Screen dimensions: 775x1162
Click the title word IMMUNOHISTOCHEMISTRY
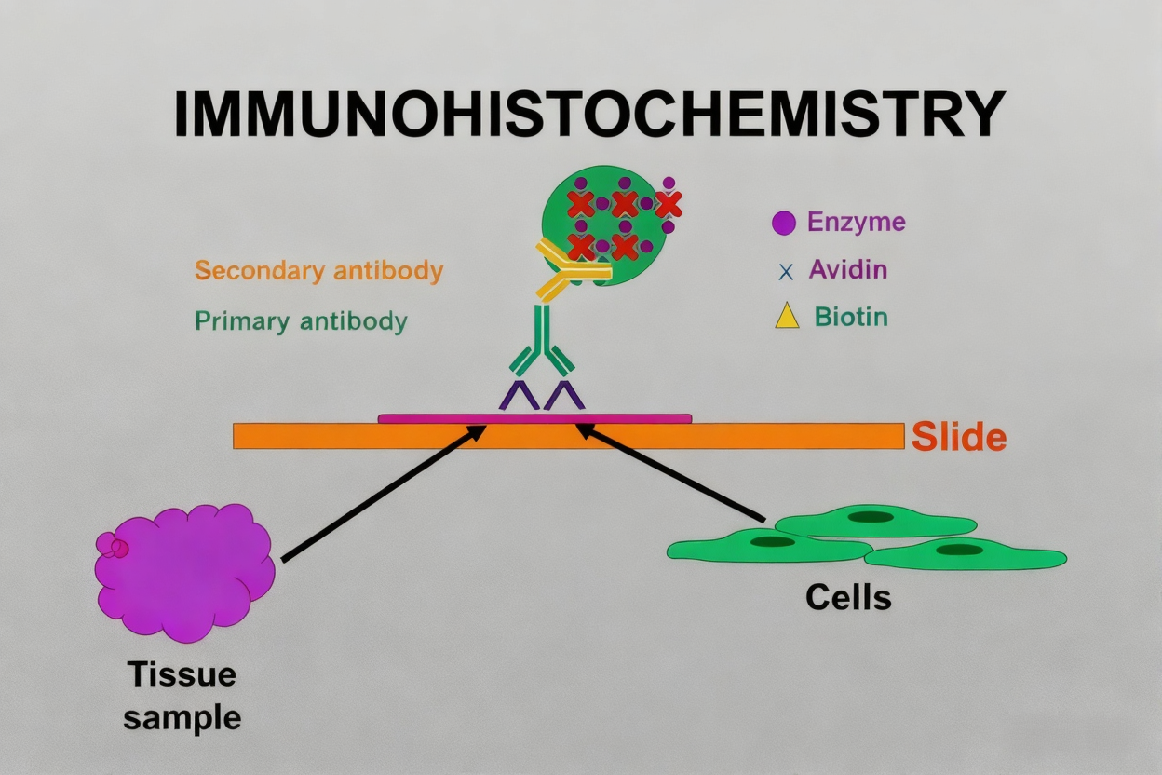(589, 116)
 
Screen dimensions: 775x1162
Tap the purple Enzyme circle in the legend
(784, 223)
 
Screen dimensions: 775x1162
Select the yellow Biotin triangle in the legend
(787, 317)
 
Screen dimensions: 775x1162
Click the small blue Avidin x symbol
(786, 272)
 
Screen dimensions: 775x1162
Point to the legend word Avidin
(847, 270)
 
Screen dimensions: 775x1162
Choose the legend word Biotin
(850, 317)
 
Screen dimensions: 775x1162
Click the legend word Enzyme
(856, 223)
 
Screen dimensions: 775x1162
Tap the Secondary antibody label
(318, 271)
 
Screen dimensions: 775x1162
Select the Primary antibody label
(301, 321)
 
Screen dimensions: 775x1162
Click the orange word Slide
(958, 436)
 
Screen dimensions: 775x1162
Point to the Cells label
(847, 597)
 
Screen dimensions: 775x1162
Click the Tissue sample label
(182, 695)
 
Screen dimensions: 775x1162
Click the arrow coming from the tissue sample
(383, 495)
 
